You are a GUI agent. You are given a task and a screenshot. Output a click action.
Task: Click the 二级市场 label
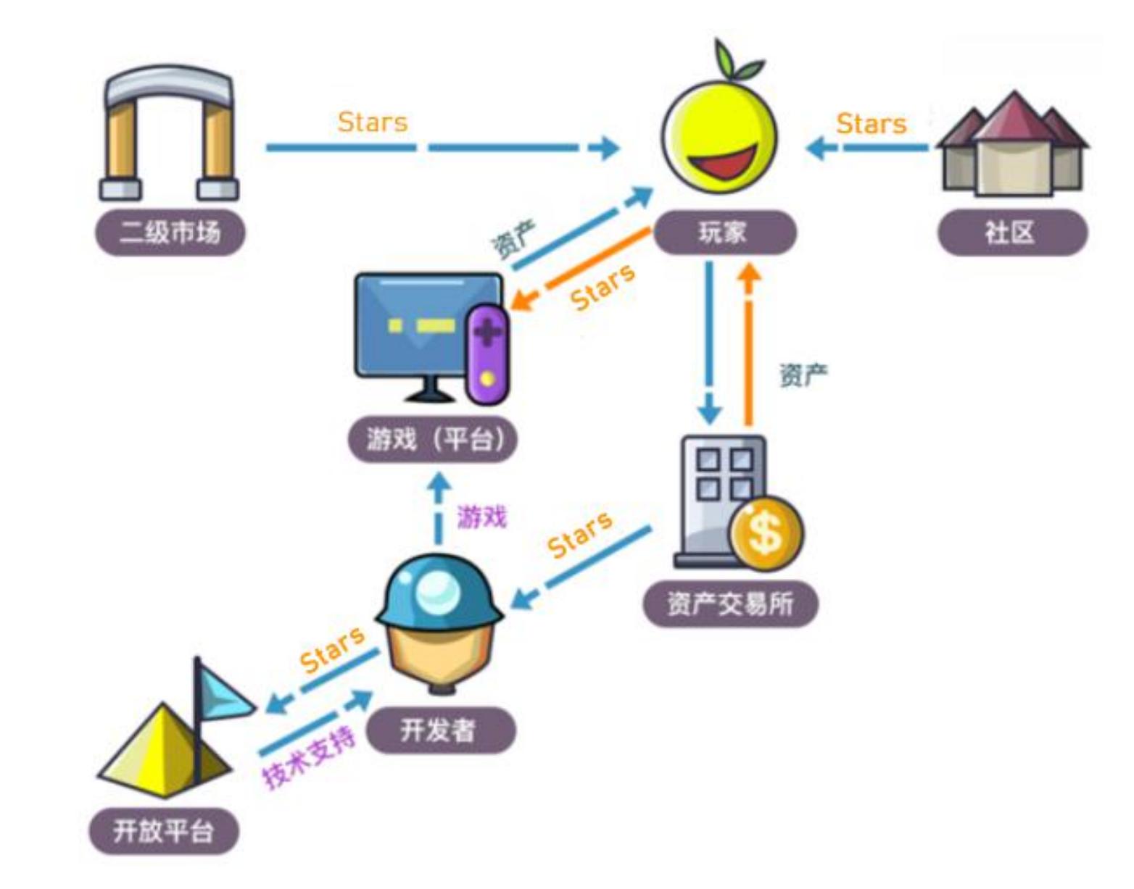pos(170,233)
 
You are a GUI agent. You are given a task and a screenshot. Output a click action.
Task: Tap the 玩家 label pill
pos(724,233)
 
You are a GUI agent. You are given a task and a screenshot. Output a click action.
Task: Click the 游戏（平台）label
pos(433,439)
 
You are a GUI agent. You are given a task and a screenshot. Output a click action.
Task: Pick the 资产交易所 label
pos(730,603)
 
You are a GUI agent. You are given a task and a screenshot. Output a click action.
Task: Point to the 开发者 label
pos(439,730)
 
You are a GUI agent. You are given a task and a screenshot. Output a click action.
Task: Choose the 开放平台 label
pos(163,830)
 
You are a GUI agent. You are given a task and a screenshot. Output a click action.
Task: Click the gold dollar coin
pos(766,533)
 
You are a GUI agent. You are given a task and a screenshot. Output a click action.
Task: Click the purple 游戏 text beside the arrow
pos(481,517)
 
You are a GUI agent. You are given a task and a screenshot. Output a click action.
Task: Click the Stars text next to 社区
pos(872,124)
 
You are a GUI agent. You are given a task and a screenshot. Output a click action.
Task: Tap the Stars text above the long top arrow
pos(373,122)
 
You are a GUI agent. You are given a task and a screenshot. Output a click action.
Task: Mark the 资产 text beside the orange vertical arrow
pos(803,375)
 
